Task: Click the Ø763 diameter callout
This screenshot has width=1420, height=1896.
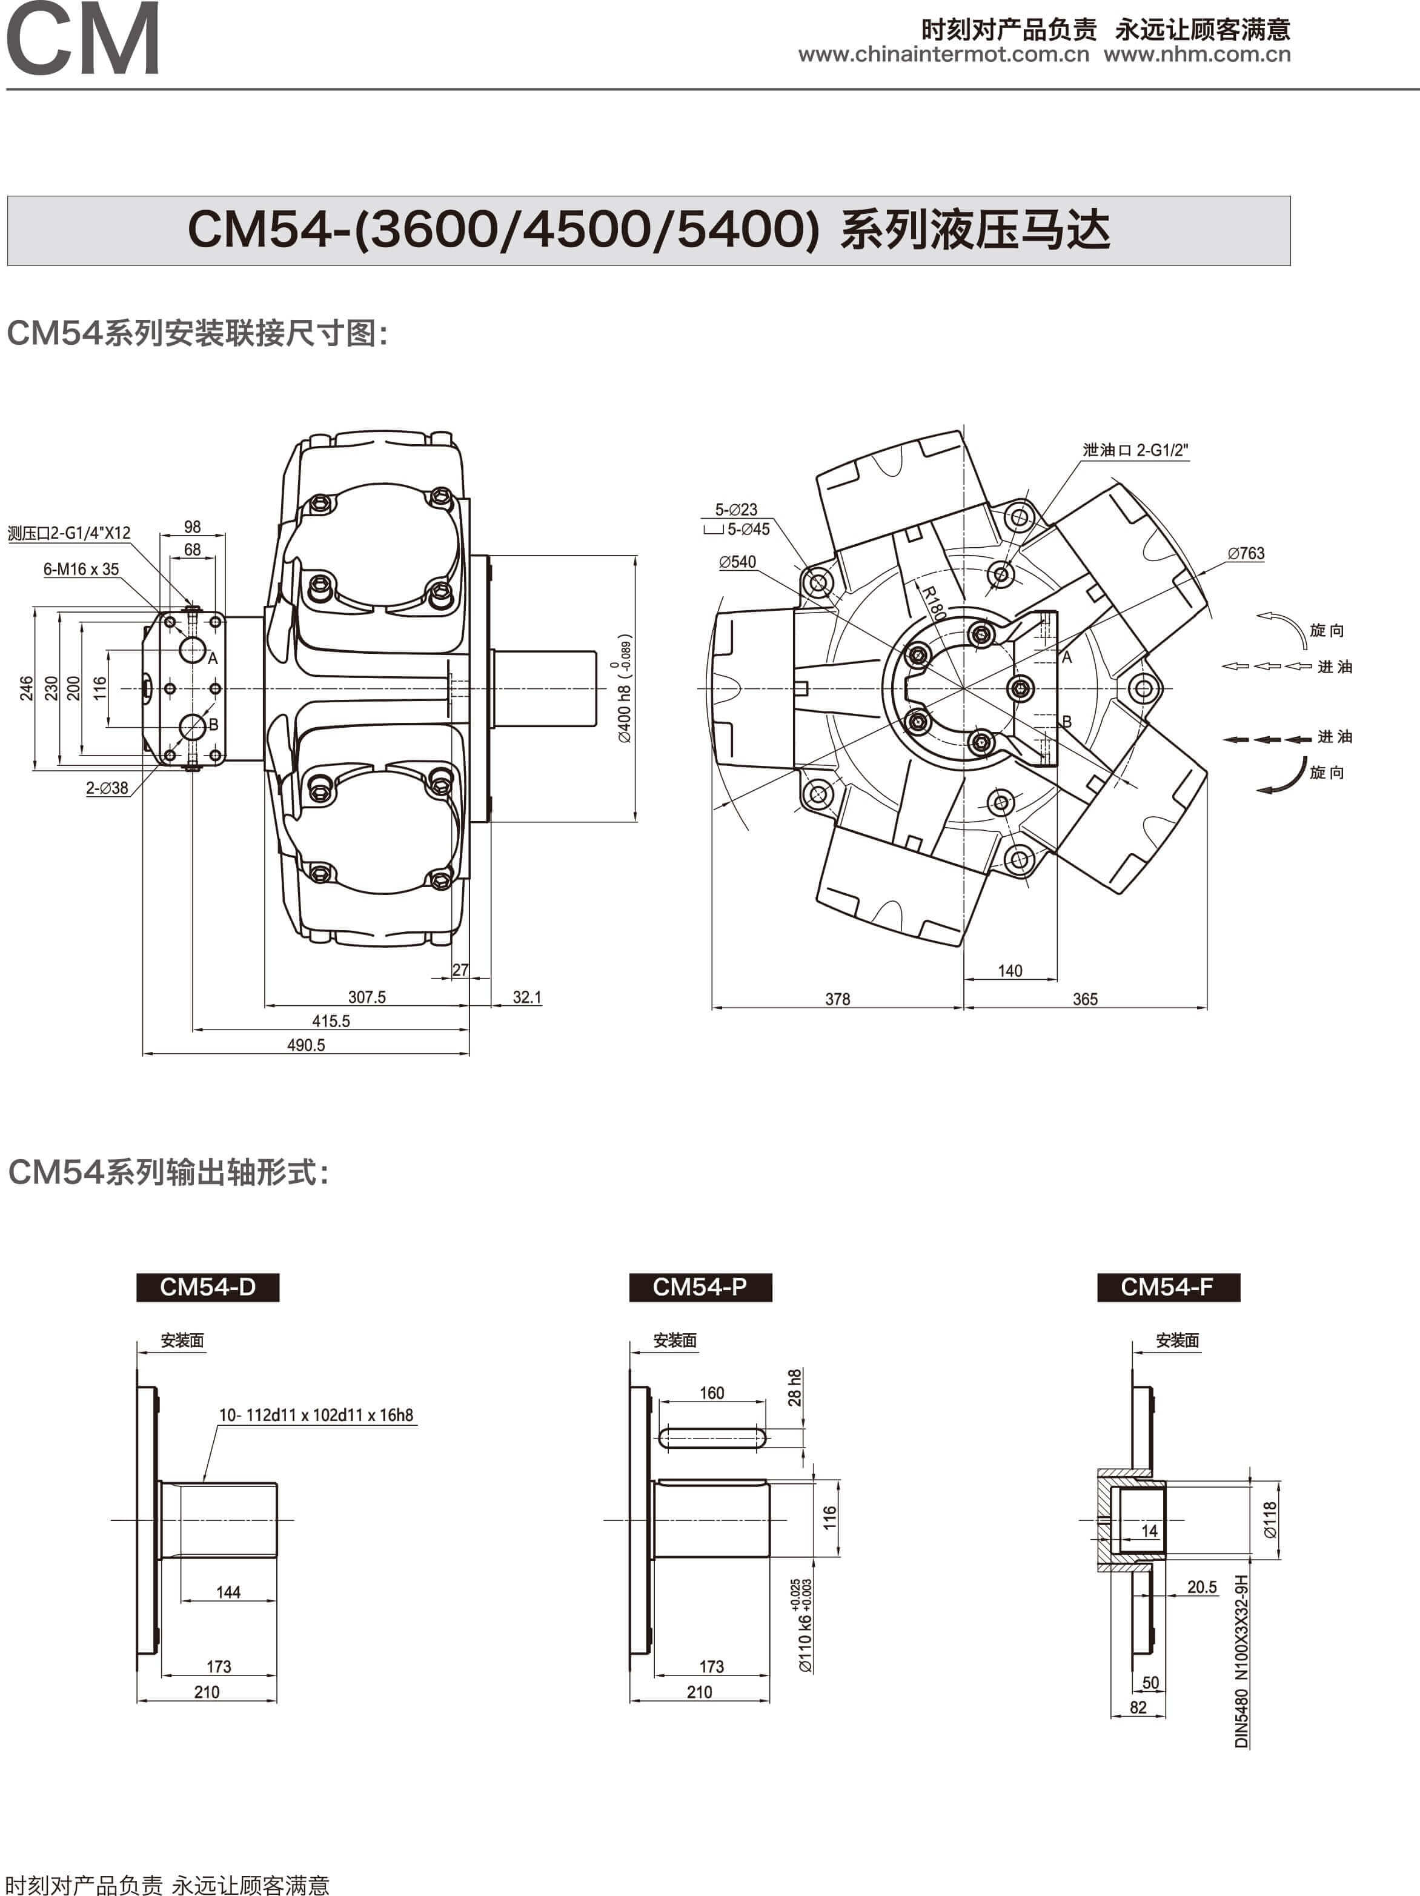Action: (x=1245, y=554)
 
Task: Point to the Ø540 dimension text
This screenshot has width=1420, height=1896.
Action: (x=737, y=562)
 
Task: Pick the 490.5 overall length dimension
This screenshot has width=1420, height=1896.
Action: (x=306, y=1045)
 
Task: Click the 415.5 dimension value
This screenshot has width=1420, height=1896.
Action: (x=331, y=1021)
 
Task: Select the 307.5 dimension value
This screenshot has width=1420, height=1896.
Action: (x=367, y=997)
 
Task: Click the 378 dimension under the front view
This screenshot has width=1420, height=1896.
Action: (x=837, y=999)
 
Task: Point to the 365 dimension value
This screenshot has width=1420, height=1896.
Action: (x=1085, y=999)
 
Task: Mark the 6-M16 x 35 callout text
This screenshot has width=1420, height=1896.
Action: (x=81, y=569)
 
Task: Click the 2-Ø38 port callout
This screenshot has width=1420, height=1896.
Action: (x=107, y=788)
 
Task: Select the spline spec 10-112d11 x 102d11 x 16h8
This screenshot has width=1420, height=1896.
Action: (x=316, y=1415)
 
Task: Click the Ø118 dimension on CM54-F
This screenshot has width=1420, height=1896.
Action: (x=1269, y=1520)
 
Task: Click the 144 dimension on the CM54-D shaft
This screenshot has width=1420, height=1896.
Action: (x=228, y=1592)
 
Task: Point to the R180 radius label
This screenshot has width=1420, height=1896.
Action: (x=934, y=602)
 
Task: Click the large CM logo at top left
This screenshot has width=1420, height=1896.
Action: (x=82, y=39)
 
